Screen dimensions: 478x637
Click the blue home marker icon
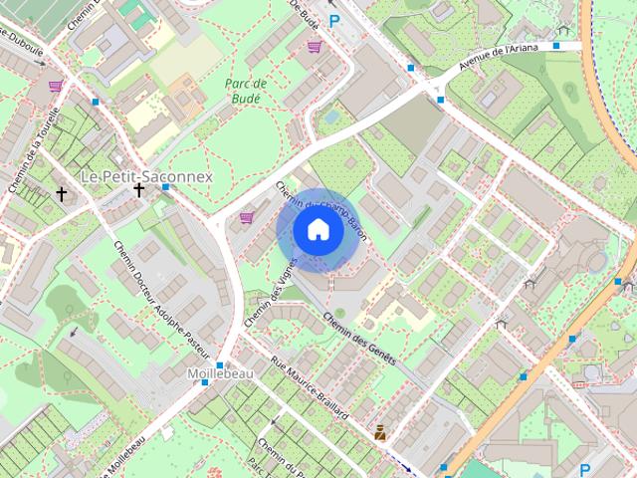pyautogui.click(x=318, y=230)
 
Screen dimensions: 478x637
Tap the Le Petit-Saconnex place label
pyautogui.click(x=146, y=175)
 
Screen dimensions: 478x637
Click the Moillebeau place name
pyautogui.click(x=219, y=373)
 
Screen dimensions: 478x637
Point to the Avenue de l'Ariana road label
pyautogui.click(x=508, y=59)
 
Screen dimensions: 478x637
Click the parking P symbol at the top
pyautogui.click(x=334, y=20)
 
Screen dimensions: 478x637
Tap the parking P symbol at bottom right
pyautogui.click(x=584, y=470)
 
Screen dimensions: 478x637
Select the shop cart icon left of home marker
pyautogui.click(x=246, y=217)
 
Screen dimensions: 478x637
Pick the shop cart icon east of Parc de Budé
pyautogui.click(x=315, y=47)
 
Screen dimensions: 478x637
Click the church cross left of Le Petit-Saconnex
pyautogui.click(x=62, y=193)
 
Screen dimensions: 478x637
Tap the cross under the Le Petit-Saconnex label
pyautogui.click(x=139, y=188)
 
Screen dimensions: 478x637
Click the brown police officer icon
pyautogui.click(x=379, y=432)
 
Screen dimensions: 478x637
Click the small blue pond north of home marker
pyautogui.click(x=331, y=117)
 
